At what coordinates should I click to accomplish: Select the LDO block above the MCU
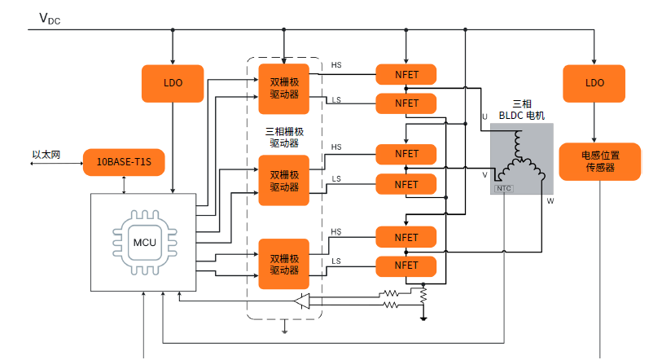point(173,83)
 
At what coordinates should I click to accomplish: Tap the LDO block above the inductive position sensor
point(594,83)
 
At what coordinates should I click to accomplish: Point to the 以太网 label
point(46,154)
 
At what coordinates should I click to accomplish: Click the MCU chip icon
point(143,242)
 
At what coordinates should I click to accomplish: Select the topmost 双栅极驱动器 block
point(284,87)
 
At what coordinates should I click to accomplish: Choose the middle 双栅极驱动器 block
point(284,181)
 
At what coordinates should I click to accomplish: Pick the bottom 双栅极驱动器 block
point(284,264)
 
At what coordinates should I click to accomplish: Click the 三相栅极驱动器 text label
point(284,137)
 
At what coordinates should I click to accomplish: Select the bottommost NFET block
point(406,266)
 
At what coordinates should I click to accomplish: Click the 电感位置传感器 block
point(599,162)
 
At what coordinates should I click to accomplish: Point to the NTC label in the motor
point(504,188)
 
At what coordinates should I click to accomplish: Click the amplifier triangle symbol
point(303,301)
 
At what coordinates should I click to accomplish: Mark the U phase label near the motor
point(484,117)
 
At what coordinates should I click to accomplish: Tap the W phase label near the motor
point(550,200)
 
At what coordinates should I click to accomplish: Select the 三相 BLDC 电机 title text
point(522,110)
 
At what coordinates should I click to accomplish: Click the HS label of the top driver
point(336,65)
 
